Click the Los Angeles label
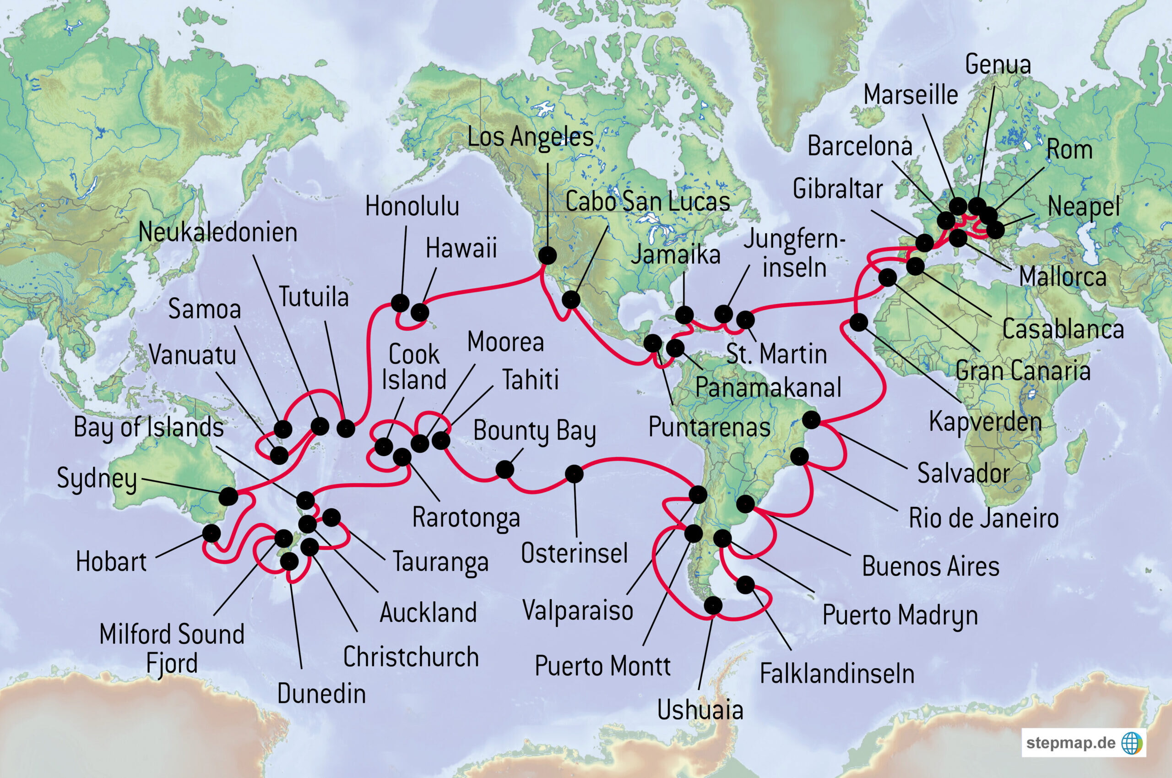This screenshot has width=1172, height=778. click(x=530, y=137)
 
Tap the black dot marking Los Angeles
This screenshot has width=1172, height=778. click(x=548, y=256)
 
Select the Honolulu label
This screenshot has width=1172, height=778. click(x=412, y=207)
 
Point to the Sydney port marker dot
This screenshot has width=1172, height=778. click(x=228, y=495)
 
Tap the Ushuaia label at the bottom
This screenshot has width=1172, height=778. click(x=700, y=710)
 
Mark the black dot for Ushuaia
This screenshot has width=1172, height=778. click(x=713, y=605)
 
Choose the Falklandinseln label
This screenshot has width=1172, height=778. click(x=837, y=674)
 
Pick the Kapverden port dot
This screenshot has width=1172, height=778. click(x=858, y=322)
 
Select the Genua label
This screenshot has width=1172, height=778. click(x=998, y=65)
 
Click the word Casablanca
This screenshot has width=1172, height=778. click(x=1063, y=329)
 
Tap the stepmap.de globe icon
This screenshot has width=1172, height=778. click(x=1131, y=743)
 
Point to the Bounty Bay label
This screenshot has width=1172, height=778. click(x=534, y=431)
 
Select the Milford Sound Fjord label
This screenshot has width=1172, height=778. click(x=172, y=648)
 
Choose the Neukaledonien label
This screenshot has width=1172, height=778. click(x=218, y=232)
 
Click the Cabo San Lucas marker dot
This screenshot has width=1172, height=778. click(x=571, y=299)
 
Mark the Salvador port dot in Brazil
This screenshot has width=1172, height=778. click(x=811, y=420)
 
